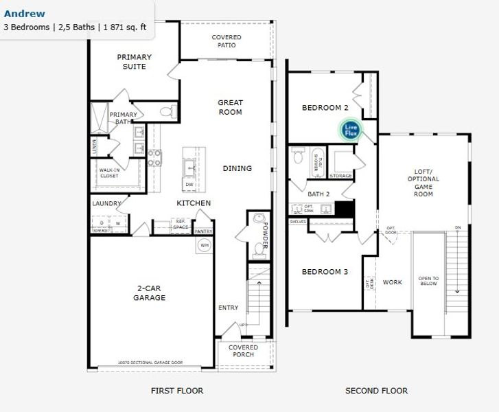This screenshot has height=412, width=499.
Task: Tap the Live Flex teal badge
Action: click(x=351, y=128)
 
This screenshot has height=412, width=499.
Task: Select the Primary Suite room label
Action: click(x=134, y=62)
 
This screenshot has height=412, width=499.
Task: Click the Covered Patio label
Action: click(x=227, y=41)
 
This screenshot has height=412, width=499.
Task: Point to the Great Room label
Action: click(x=230, y=107)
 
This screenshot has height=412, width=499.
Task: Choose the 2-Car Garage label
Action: click(x=149, y=293)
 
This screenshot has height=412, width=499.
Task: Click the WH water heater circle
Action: click(x=204, y=245)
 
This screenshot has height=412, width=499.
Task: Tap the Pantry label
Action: click(x=204, y=232)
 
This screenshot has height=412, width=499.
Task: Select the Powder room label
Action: click(x=264, y=236)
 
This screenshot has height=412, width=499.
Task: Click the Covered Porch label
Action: click(x=243, y=351)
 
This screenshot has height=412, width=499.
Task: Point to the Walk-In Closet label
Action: click(x=109, y=173)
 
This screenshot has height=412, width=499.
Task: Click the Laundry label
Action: click(x=107, y=203)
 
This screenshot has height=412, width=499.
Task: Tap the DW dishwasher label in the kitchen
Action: click(x=189, y=185)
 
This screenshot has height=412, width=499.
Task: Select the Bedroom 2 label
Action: click(x=325, y=108)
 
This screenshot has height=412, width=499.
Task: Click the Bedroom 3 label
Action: click(x=325, y=272)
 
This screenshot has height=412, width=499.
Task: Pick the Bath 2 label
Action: click(x=318, y=194)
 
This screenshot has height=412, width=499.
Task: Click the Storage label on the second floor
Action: click(x=341, y=176)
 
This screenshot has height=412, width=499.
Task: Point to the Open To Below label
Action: click(x=428, y=281)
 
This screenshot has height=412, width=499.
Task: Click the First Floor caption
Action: click(x=177, y=391)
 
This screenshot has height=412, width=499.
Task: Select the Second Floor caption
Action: click(x=376, y=391)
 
